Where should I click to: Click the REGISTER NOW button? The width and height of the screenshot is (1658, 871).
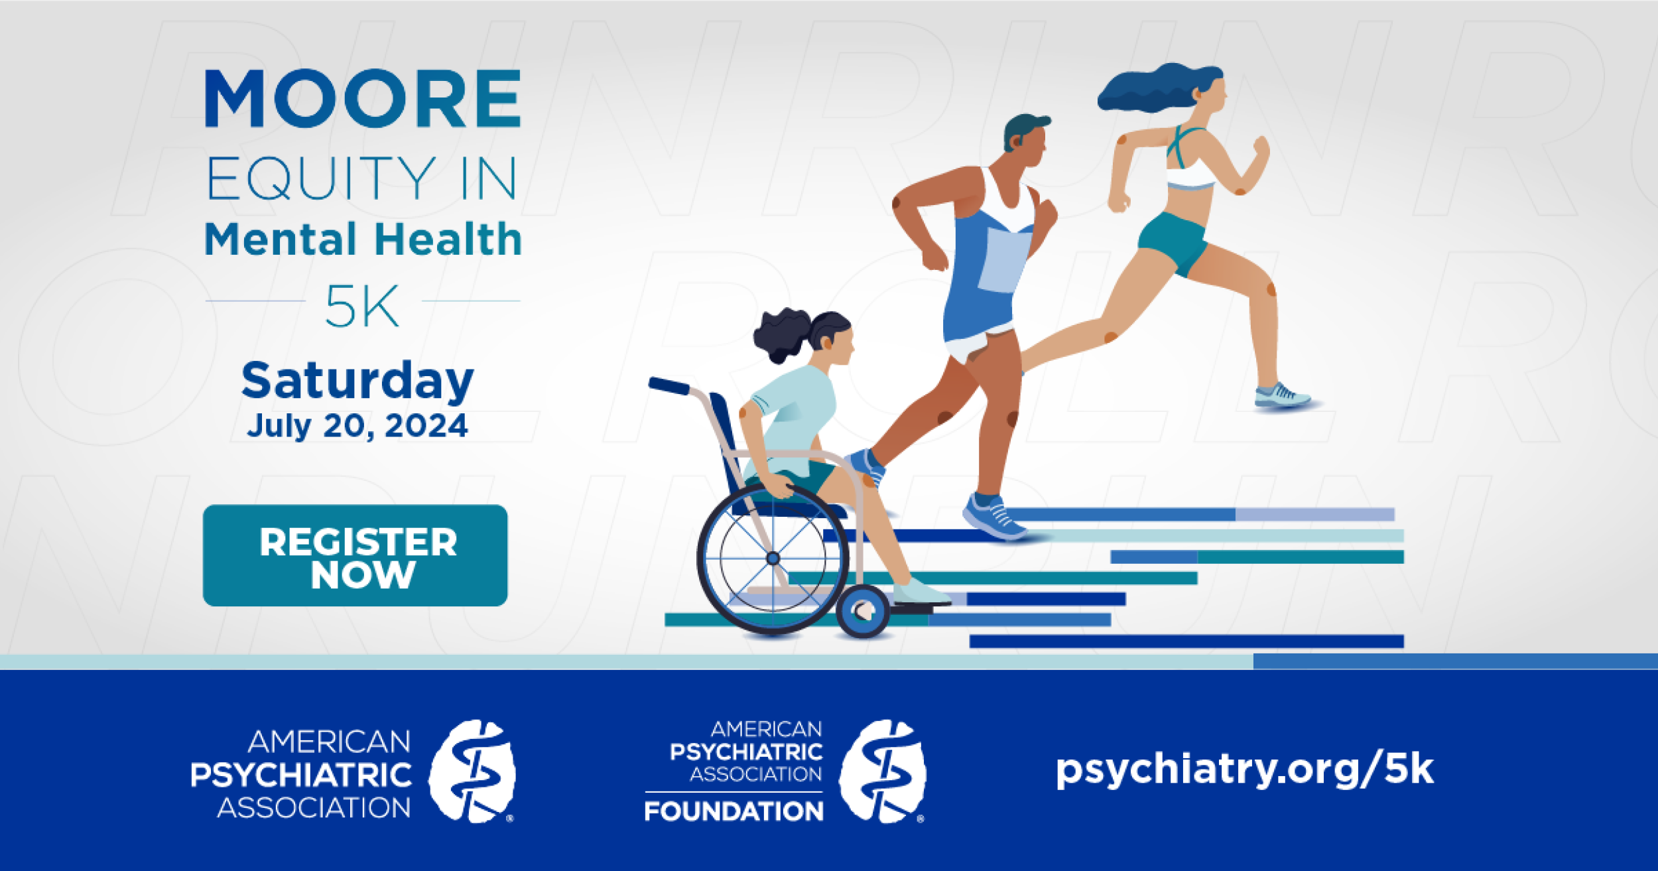click(x=355, y=555)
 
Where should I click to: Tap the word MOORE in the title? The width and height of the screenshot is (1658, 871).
click(x=363, y=99)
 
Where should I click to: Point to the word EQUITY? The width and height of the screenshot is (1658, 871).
click(x=322, y=178)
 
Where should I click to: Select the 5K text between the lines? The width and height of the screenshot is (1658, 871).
click(x=362, y=306)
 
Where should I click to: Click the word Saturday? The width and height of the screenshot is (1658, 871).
click(x=357, y=381)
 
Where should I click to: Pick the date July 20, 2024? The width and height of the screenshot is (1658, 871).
click(x=357, y=426)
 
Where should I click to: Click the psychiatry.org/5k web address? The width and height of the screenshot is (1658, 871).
click(x=1245, y=769)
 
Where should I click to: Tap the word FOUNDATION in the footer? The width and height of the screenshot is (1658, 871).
click(x=733, y=811)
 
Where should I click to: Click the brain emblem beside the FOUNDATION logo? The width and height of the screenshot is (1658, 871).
click(x=882, y=771)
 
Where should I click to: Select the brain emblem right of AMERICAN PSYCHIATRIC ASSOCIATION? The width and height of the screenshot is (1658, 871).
click(x=472, y=771)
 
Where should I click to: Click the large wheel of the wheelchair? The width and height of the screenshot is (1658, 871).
click(x=773, y=559)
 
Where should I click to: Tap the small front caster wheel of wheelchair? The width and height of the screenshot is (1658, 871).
click(x=863, y=611)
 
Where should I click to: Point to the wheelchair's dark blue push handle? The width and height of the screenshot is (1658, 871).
click(x=669, y=385)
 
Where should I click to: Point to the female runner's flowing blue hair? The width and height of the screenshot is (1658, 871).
click(x=1157, y=88)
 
